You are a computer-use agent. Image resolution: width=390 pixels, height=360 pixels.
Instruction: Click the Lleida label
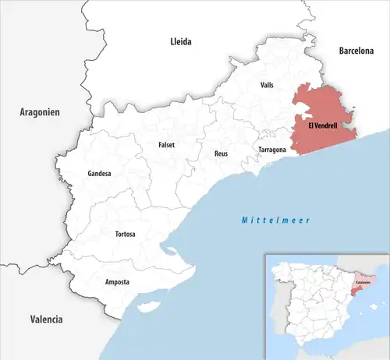(x=181, y=41)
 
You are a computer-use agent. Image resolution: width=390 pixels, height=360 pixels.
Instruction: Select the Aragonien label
(x=40, y=113)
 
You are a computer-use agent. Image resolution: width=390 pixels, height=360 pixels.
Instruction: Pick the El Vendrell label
(x=322, y=125)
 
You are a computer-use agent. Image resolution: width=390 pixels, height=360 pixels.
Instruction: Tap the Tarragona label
(x=273, y=148)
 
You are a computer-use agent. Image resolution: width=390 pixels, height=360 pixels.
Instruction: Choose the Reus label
(x=221, y=154)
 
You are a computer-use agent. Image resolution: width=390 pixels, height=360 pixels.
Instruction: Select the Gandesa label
(x=100, y=173)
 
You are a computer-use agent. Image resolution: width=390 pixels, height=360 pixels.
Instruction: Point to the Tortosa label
(x=126, y=234)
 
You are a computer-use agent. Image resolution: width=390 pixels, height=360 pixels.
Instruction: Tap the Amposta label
(x=117, y=281)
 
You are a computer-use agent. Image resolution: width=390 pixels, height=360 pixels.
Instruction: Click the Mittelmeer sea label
(x=275, y=221)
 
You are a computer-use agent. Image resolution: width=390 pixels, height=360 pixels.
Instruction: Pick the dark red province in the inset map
(x=355, y=291)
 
